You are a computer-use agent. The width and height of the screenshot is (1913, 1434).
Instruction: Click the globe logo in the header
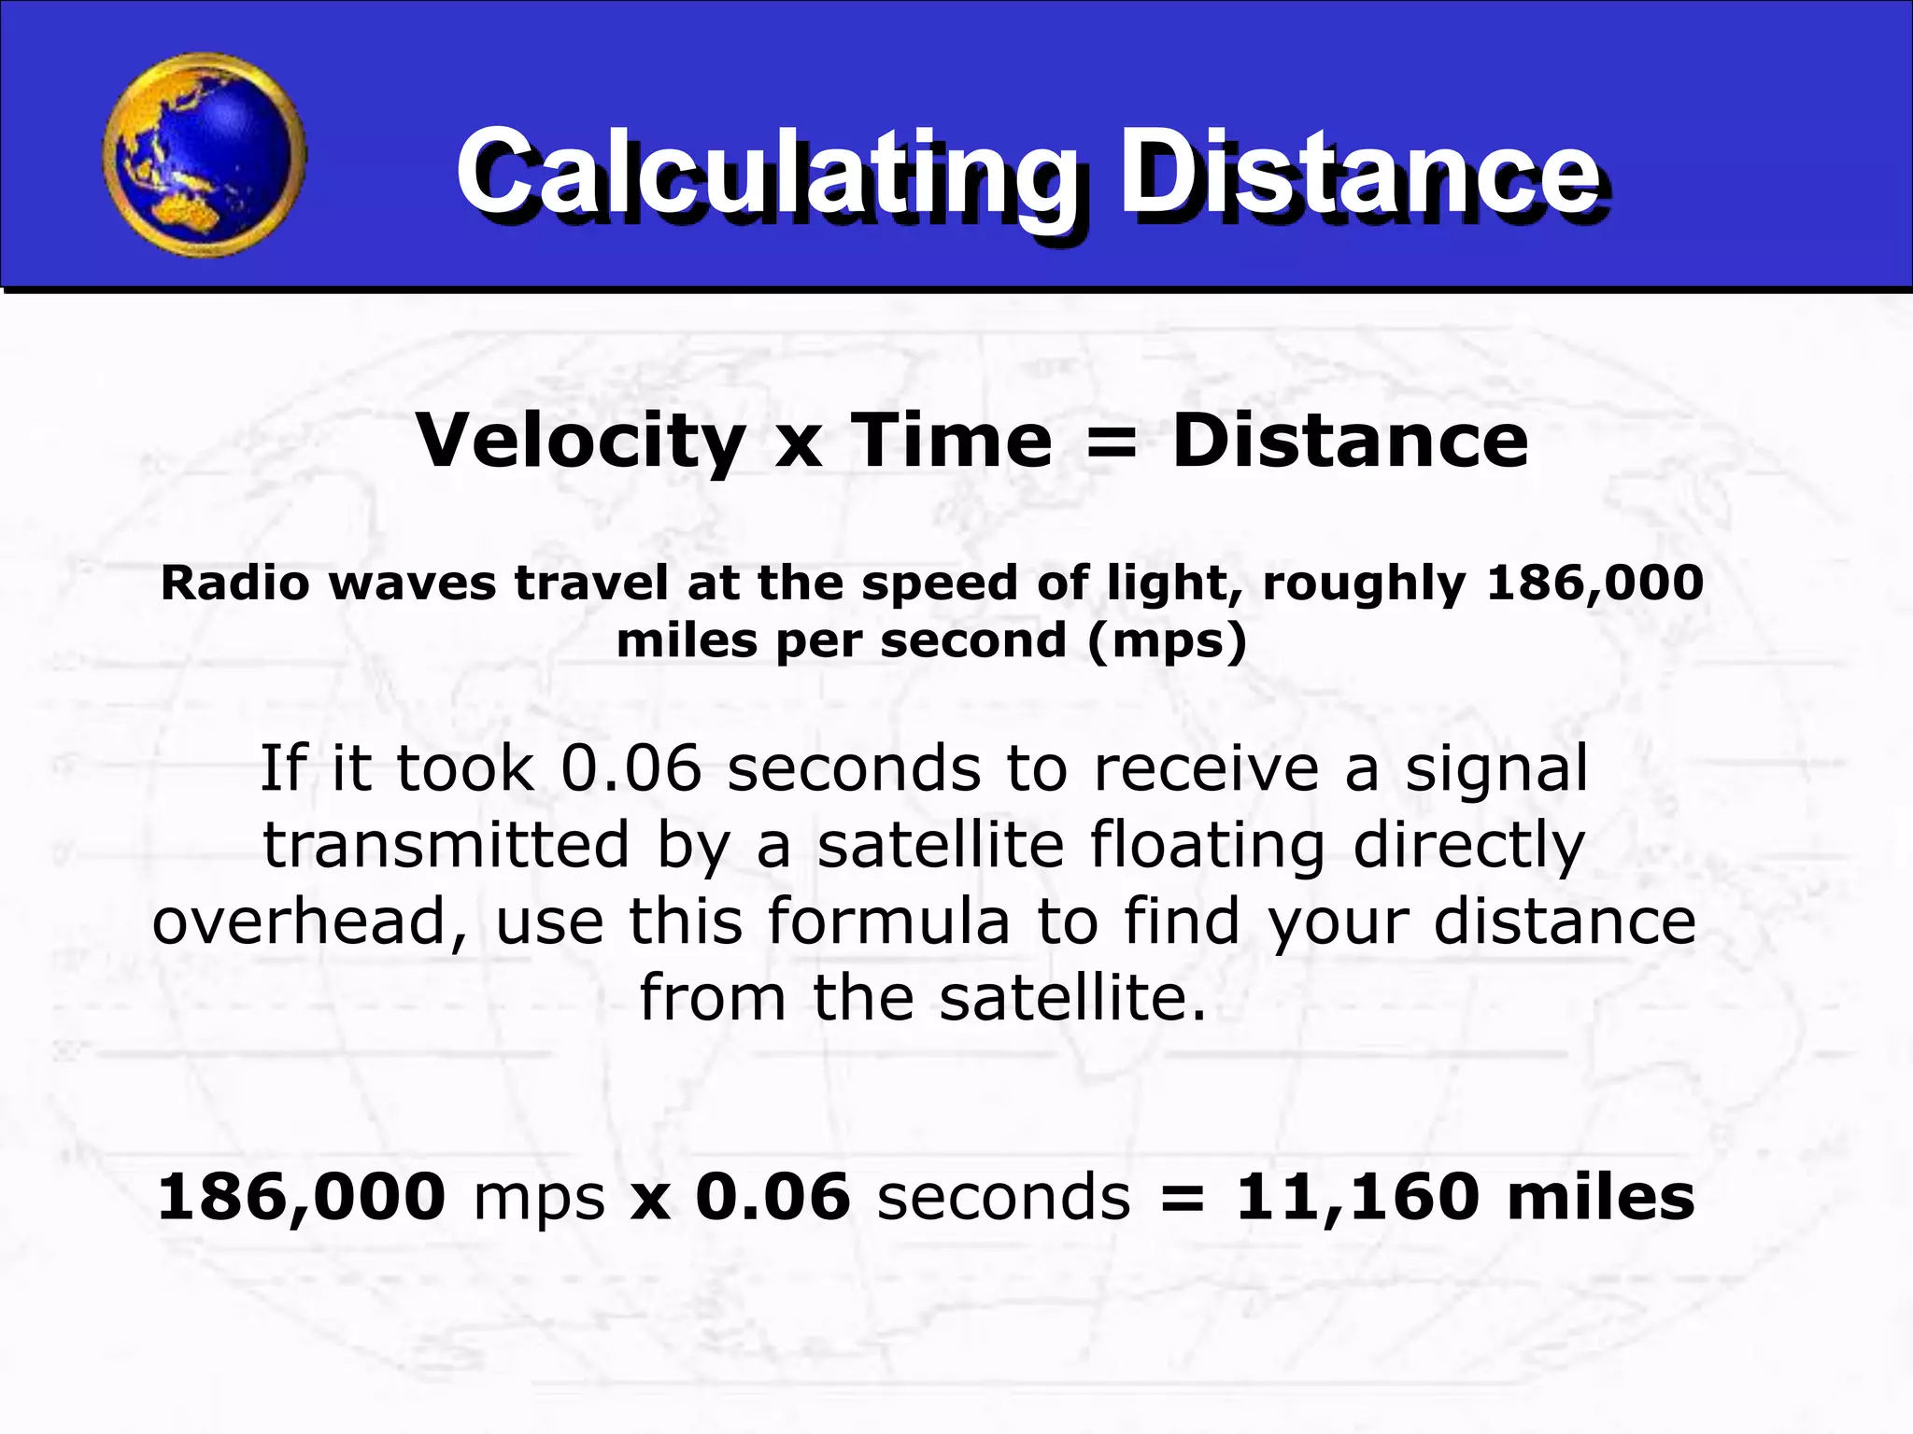point(205,155)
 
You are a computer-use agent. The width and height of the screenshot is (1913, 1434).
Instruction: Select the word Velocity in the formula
point(580,442)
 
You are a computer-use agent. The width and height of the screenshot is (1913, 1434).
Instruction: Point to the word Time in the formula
point(951,440)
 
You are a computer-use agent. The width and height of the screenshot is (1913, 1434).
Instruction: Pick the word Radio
point(235,583)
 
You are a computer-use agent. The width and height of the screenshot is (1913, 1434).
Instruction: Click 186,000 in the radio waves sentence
point(1595,583)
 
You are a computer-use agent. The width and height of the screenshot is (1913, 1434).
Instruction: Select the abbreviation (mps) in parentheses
point(1168,641)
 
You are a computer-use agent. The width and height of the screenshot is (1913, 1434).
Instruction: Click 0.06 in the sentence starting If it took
point(631,767)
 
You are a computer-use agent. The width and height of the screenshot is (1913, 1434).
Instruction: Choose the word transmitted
point(446,845)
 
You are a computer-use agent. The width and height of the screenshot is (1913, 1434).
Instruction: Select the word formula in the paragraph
point(888,921)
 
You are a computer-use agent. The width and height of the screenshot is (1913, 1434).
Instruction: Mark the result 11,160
point(1358,1198)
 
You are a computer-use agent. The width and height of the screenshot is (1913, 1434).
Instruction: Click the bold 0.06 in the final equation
point(773,1196)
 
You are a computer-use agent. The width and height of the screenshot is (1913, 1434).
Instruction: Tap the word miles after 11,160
point(1601,1196)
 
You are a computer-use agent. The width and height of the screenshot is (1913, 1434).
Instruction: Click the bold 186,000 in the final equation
point(302,1198)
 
